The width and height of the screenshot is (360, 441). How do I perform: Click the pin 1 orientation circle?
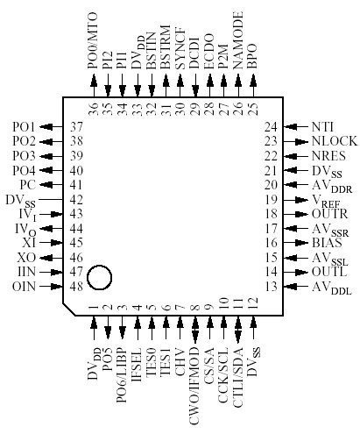click(101, 278)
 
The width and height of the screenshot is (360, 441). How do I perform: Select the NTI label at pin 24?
click(322, 126)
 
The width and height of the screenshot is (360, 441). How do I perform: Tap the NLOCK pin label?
click(329, 140)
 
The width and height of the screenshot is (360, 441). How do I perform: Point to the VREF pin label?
click(327, 200)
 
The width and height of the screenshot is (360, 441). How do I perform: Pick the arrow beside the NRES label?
click(299, 155)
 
